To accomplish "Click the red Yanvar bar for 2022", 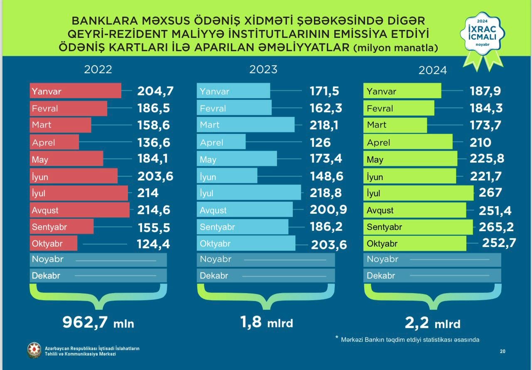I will pos(75,91).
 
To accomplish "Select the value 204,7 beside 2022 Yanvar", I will pos(155,91).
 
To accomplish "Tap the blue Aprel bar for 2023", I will pos(221,142).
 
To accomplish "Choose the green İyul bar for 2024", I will pos(418,193).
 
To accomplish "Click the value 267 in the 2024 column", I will pos(490,193).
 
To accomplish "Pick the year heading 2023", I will pos(263,69).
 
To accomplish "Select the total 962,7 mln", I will pos(98,322).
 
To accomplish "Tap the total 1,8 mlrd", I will pos(266,322).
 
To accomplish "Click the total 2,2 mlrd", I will pos(433,323).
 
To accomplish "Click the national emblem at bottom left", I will pos(34,350).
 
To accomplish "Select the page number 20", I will pos(502,351).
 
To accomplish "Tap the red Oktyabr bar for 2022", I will pos(54,244).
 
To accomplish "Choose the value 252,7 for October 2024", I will pos(499,243).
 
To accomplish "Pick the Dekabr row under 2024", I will pos(432,276).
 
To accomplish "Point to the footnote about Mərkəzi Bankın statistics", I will pos(409,340).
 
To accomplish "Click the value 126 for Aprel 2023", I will pos(320,143).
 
